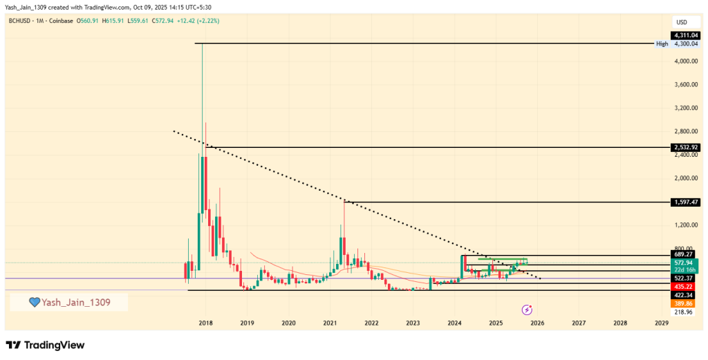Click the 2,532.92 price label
[x=686, y=147]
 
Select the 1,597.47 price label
[x=686, y=202]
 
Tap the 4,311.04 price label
[x=686, y=35]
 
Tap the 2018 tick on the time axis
[x=205, y=323]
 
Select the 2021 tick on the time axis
[x=330, y=323]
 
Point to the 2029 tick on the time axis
[x=662, y=323]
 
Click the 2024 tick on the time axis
[x=454, y=323]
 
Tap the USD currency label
[x=681, y=21]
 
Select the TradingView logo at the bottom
[x=45, y=345]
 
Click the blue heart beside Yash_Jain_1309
[x=34, y=302]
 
